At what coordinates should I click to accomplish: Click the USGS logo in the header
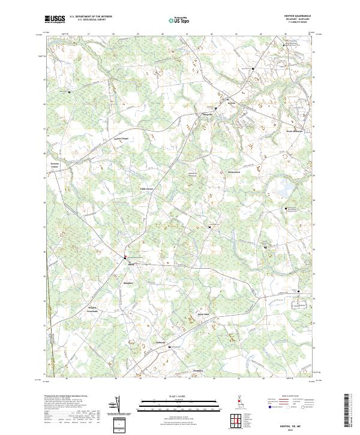pyautogui.click(x=55, y=19)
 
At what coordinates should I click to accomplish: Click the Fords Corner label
pyautogui.click(x=147, y=188)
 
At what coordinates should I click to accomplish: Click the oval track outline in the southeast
pyautogui.click(x=296, y=305)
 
